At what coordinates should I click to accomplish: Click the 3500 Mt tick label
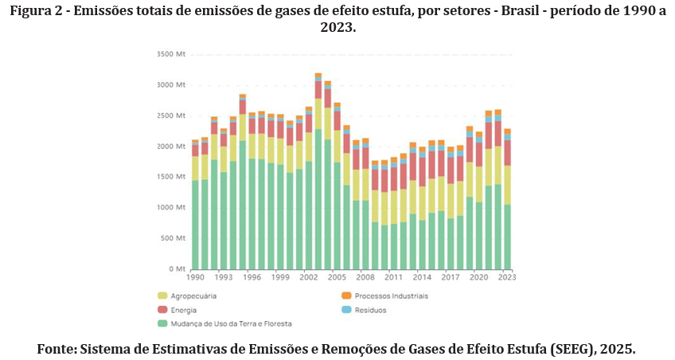click(x=170, y=54)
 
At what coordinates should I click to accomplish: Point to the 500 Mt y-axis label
click(x=172, y=238)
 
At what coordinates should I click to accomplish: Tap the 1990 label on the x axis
click(x=195, y=277)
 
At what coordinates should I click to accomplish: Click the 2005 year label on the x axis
click(x=337, y=277)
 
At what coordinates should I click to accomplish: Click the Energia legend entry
click(x=183, y=309)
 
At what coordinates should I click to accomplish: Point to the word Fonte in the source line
click(x=57, y=349)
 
